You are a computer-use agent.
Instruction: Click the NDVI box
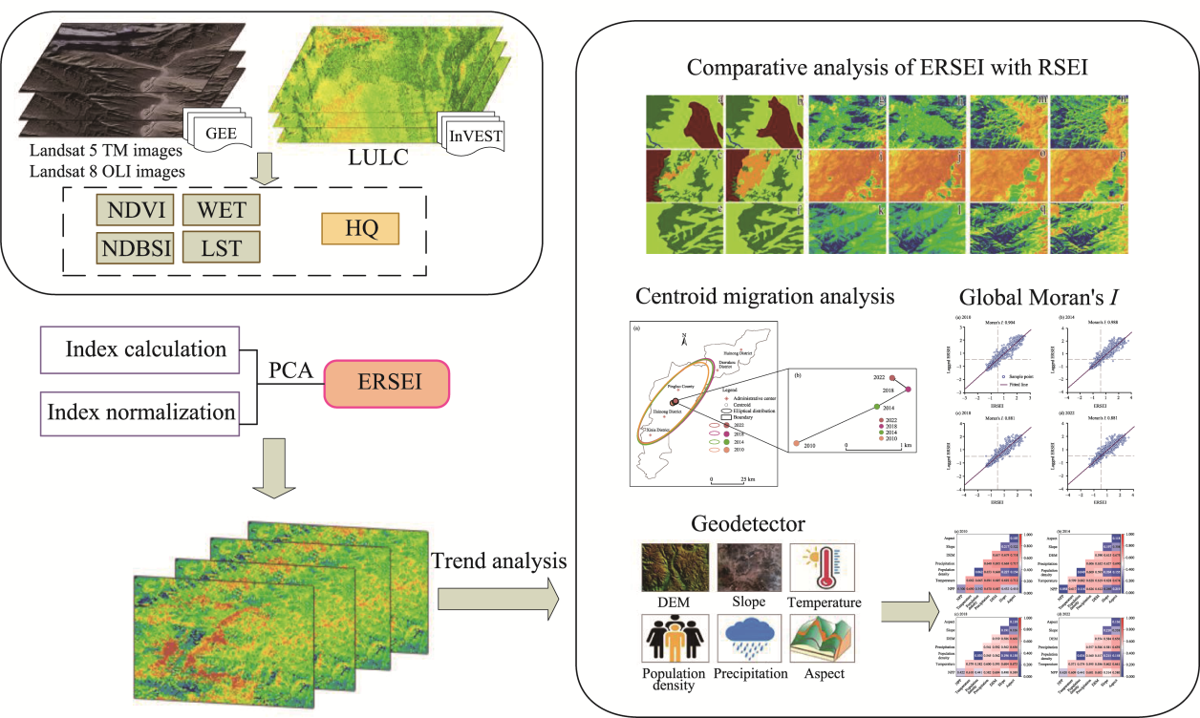coord(131,209)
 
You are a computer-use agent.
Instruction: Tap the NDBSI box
coord(131,248)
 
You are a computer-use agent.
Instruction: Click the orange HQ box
coord(359,230)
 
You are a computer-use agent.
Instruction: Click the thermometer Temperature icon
coord(822,566)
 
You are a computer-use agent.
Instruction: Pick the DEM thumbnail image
coord(675,566)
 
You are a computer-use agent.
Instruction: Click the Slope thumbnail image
coord(749,566)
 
